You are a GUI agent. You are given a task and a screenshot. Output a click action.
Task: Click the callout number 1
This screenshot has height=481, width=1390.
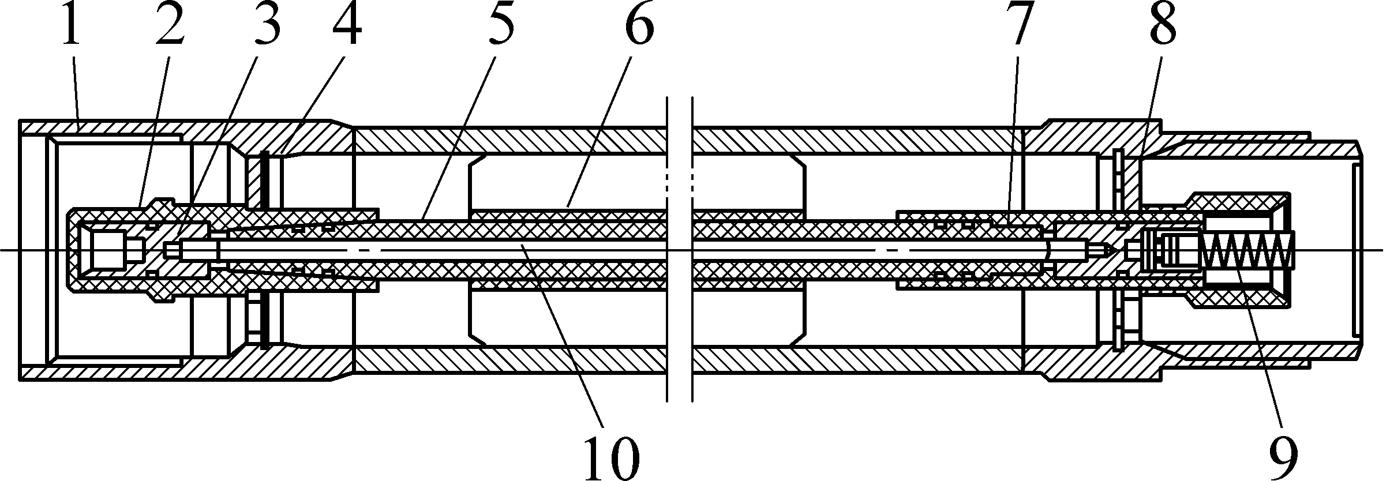(x=71, y=26)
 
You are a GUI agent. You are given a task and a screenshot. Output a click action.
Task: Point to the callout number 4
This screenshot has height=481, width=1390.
(x=346, y=26)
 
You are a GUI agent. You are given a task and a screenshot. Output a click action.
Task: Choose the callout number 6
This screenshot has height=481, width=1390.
(x=638, y=26)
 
